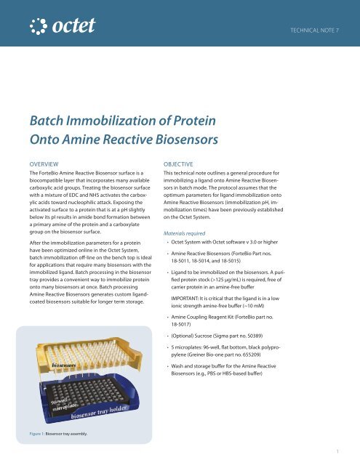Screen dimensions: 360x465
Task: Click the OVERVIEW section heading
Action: pos(49,164)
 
